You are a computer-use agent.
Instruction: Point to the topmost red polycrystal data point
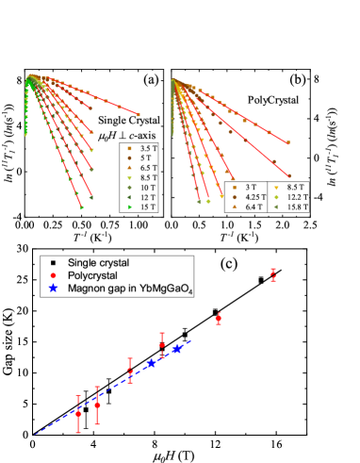pyautogui.click(x=273, y=274)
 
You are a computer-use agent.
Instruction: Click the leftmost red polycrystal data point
pyautogui.click(x=78, y=412)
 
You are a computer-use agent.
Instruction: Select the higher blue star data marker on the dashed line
pyautogui.click(x=177, y=349)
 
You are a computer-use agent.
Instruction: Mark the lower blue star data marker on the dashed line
pyautogui.click(x=151, y=363)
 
